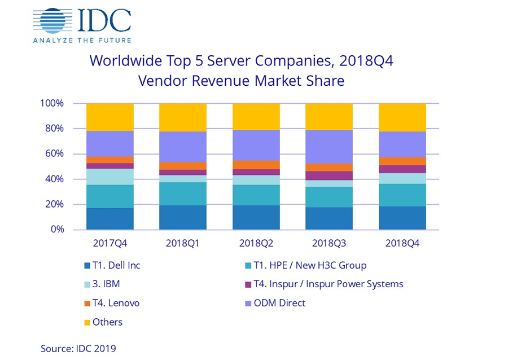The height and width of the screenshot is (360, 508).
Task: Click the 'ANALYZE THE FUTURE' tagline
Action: tap(82, 40)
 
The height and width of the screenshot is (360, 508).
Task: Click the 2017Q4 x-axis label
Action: tap(110, 244)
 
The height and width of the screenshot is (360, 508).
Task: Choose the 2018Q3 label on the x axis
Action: tap(329, 244)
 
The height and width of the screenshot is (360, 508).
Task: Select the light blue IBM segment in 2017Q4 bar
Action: tap(110, 177)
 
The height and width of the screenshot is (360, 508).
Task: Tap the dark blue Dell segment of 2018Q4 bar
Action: tap(402, 218)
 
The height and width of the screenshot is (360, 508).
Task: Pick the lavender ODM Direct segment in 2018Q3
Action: tap(329, 147)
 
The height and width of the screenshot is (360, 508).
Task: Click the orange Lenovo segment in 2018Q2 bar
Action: tap(256, 165)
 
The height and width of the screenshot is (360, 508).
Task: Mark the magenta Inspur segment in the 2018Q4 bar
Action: tap(402, 169)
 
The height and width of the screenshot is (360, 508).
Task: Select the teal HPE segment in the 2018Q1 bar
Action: tap(183, 194)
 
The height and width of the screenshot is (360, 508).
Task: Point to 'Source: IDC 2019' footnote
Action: tap(78, 348)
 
